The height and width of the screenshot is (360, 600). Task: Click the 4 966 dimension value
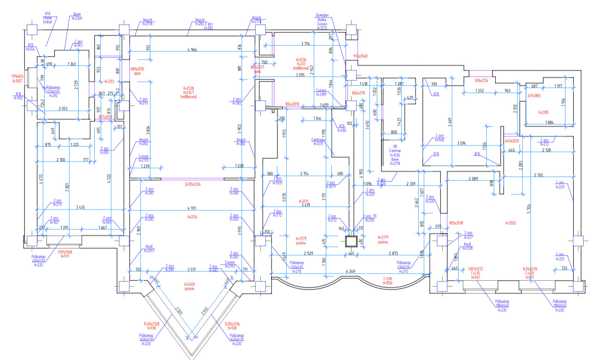click(x=196, y=49)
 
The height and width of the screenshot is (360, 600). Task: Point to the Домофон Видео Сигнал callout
click(x=322, y=21)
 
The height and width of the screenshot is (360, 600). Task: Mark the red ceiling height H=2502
click(x=509, y=223)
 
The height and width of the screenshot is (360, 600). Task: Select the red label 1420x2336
click(x=235, y=326)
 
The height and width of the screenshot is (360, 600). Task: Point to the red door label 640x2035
click(x=512, y=141)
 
